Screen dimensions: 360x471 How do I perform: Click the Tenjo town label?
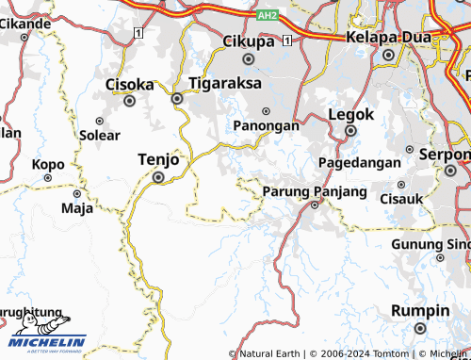coord(157,159)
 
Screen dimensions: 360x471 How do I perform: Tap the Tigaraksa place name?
coord(224,82)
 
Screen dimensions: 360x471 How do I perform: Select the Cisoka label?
coord(129,82)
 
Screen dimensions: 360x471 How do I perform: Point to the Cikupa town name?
coord(249,41)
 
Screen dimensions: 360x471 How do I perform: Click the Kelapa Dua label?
coord(388,37)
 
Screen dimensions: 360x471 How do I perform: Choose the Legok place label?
coord(351,113)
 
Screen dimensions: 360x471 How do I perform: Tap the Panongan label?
coord(267,125)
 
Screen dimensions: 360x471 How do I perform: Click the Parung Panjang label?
coord(315,191)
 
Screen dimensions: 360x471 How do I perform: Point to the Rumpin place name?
coord(420,311)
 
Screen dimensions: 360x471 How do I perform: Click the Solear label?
coord(100,135)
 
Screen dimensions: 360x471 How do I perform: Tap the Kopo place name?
coord(48,164)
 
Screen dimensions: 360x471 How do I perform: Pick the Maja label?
coord(72,207)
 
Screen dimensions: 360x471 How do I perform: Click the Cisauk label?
coord(400,198)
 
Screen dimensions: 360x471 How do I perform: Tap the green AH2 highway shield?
coord(268,16)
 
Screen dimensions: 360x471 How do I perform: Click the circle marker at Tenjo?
coord(158,176)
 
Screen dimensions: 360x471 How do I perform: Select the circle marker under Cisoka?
coord(130,99)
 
